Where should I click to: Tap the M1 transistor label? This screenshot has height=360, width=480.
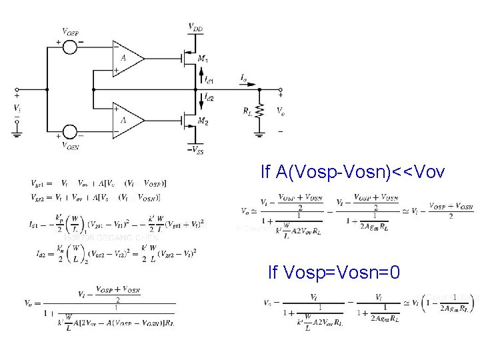(x=203, y=59)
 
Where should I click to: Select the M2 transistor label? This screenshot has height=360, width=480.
(x=203, y=122)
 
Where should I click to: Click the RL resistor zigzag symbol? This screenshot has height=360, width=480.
(x=259, y=110)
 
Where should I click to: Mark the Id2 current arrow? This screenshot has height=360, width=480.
(x=201, y=99)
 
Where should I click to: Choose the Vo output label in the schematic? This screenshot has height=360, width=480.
(x=281, y=111)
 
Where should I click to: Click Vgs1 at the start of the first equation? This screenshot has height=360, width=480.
(x=37, y=183)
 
